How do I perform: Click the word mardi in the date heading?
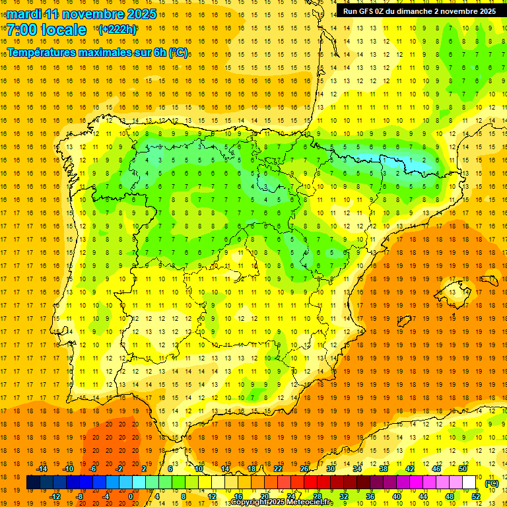pyautogui.click(x=23, y=14)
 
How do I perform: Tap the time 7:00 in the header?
pyautogui.click(x=20, y=30)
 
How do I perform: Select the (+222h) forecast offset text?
pyautogui.click(x=118, y=29)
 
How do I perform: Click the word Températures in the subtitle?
pyautogui.click(x=41, y=51)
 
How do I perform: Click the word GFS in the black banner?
pyautogui.click(x=371, y=11)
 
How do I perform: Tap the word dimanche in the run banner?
pyautogui.click(x=427, y=11)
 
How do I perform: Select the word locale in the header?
pyautogui.click(x=63, y=30)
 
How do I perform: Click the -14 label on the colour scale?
pyautogui.click(x=42, y=469)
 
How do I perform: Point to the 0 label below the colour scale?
pyautogui.click(x=131, y=496)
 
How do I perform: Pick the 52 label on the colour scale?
pyautogui.click(x=477, y=496)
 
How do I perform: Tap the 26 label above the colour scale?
pyautogui.click(x=304, y=469)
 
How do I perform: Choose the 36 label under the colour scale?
pyautogui.click(x=370, y=496)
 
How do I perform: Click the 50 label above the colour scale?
pyautogui.click(x=462, y=469)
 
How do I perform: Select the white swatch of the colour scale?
pyautogui.click(x=469, y=483)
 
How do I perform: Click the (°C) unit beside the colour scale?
pyautogui.click(x=492, y=483)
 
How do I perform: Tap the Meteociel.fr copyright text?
pyautogui.click(x=281, y=502)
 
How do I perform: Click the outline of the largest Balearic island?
pyautogui.click(x=454, y=289)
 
